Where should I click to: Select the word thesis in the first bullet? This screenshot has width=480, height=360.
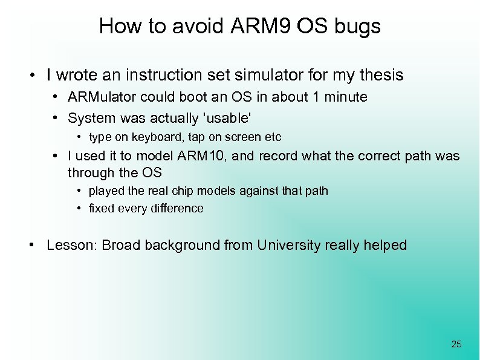point(380,76)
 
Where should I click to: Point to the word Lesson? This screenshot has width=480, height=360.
point(72,245)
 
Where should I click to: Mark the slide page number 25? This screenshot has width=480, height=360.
point(456,344)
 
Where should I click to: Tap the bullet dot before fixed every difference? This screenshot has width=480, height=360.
point(79,209)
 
